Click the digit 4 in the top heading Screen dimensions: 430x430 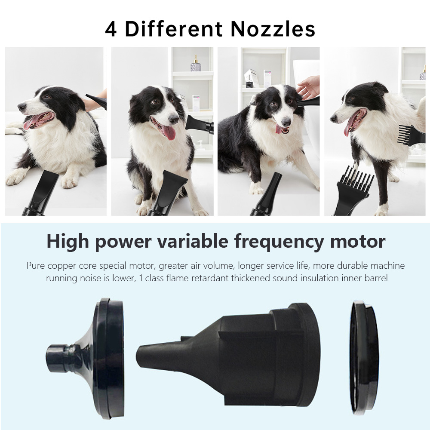[111, 29]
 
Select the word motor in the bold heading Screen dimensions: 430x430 [358, 241]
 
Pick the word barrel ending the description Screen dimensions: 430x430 [376, 278]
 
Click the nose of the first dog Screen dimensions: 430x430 [21, 107]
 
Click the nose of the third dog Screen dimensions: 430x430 [286, 121]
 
